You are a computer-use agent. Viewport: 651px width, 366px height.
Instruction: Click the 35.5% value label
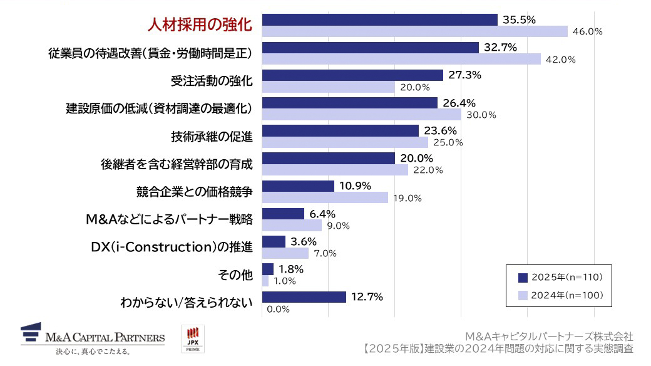(x=519, y=19)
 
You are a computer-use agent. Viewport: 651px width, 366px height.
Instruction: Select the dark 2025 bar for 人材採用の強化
(x=379, y=19)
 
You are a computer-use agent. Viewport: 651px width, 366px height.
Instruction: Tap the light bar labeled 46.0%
(x=414, y=31)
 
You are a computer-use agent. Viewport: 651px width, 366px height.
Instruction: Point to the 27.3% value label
(x=464, y=75)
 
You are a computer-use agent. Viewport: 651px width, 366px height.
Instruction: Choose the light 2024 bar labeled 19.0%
(x=325, y=197)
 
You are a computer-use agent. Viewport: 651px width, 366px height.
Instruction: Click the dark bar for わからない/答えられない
(x=304, y=296)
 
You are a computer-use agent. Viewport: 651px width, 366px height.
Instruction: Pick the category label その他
(x=234, y=274)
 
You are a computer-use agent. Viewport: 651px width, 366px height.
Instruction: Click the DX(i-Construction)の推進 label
(x=172, y=247)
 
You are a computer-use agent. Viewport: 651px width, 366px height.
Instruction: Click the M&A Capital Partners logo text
(x=105, y=338)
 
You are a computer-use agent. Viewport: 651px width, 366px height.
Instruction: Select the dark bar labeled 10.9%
(x=298, y=186)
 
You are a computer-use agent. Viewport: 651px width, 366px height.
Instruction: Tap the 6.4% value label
(x=322, y=214)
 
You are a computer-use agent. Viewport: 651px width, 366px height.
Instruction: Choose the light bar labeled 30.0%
(x=361, y=115)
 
